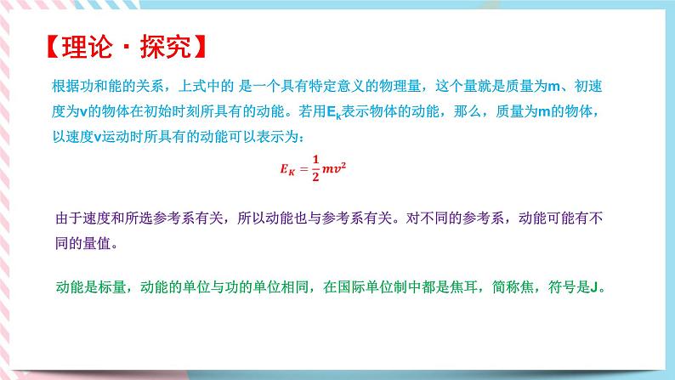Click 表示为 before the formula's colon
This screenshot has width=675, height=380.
pos(276,136)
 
